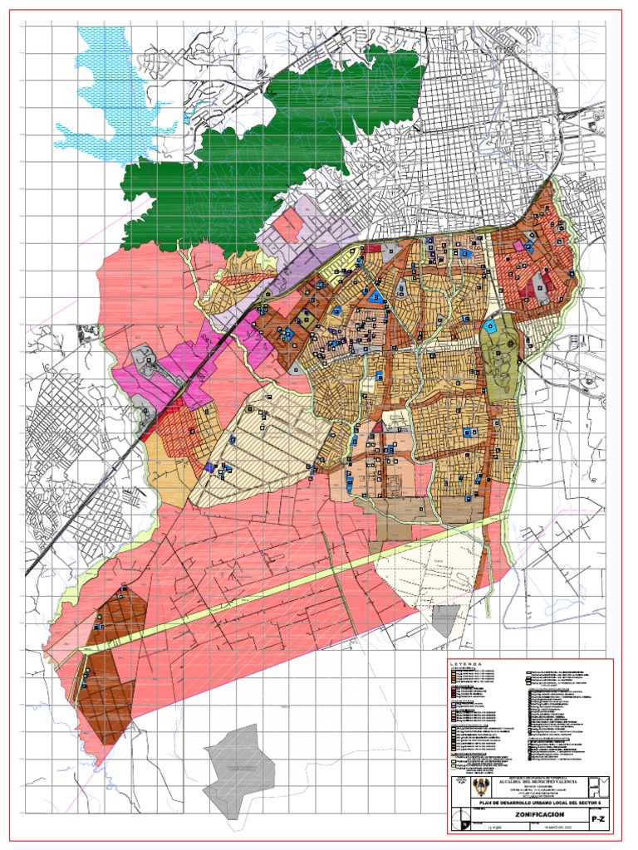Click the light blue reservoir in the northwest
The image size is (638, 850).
point(108,91)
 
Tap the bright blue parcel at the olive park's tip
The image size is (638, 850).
point(491,326)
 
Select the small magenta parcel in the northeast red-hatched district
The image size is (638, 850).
point(520,246)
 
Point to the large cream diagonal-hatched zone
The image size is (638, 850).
point(266,440)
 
